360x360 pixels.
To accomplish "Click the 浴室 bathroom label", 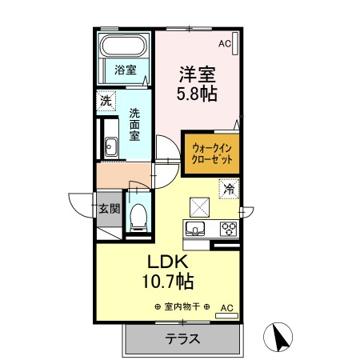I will [126, 70].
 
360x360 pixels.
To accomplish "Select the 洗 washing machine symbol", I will [106, 101].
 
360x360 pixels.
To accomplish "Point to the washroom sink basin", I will [109, 147].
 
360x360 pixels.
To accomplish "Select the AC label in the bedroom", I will [224, 44].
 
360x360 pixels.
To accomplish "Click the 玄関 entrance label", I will [109, 210].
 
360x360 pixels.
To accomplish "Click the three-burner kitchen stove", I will [229, 228].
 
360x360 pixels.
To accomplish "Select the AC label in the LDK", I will [226, 306].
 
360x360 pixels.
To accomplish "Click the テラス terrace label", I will [182, 339].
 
